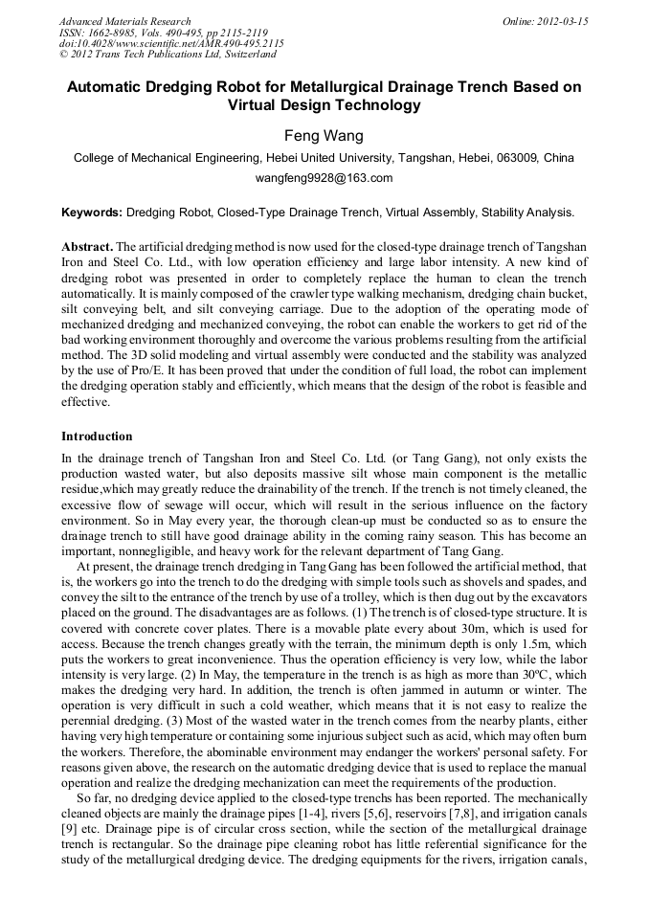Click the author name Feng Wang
pyautogui.click(x=324, y=136)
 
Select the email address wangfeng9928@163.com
pyautogui.click(x=324, y=178)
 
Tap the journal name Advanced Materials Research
pyautogui.click(x=124, y=21)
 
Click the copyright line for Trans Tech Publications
pyautogui.click(x=168, y=56)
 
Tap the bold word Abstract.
pyautogui.click(x=87, y=246)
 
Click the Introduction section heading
pyautogui.click(x=97, y=437)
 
